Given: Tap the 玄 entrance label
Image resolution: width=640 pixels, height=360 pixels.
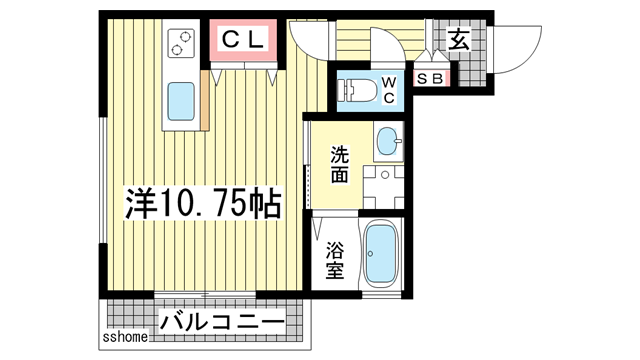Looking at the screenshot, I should click(x=459, y=41).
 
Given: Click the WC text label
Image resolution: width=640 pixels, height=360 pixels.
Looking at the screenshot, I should click(x=388, y=90).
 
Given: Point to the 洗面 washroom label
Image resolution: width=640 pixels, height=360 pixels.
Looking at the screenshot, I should click(x=339, y=166).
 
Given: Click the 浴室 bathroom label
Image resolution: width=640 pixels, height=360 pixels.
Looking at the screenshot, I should click(x=335, y=259).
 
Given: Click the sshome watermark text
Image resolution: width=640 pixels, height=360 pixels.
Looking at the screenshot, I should click(x=125, y=337).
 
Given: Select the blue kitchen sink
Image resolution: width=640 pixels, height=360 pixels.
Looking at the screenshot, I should click(x=181, y=101).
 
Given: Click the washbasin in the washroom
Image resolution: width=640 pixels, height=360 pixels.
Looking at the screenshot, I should click(x=388, y=142).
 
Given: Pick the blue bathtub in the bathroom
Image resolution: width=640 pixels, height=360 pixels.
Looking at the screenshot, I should click(x=379, y=254).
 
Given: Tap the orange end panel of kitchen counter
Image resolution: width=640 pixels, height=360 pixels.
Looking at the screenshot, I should click(x=205, y=100).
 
